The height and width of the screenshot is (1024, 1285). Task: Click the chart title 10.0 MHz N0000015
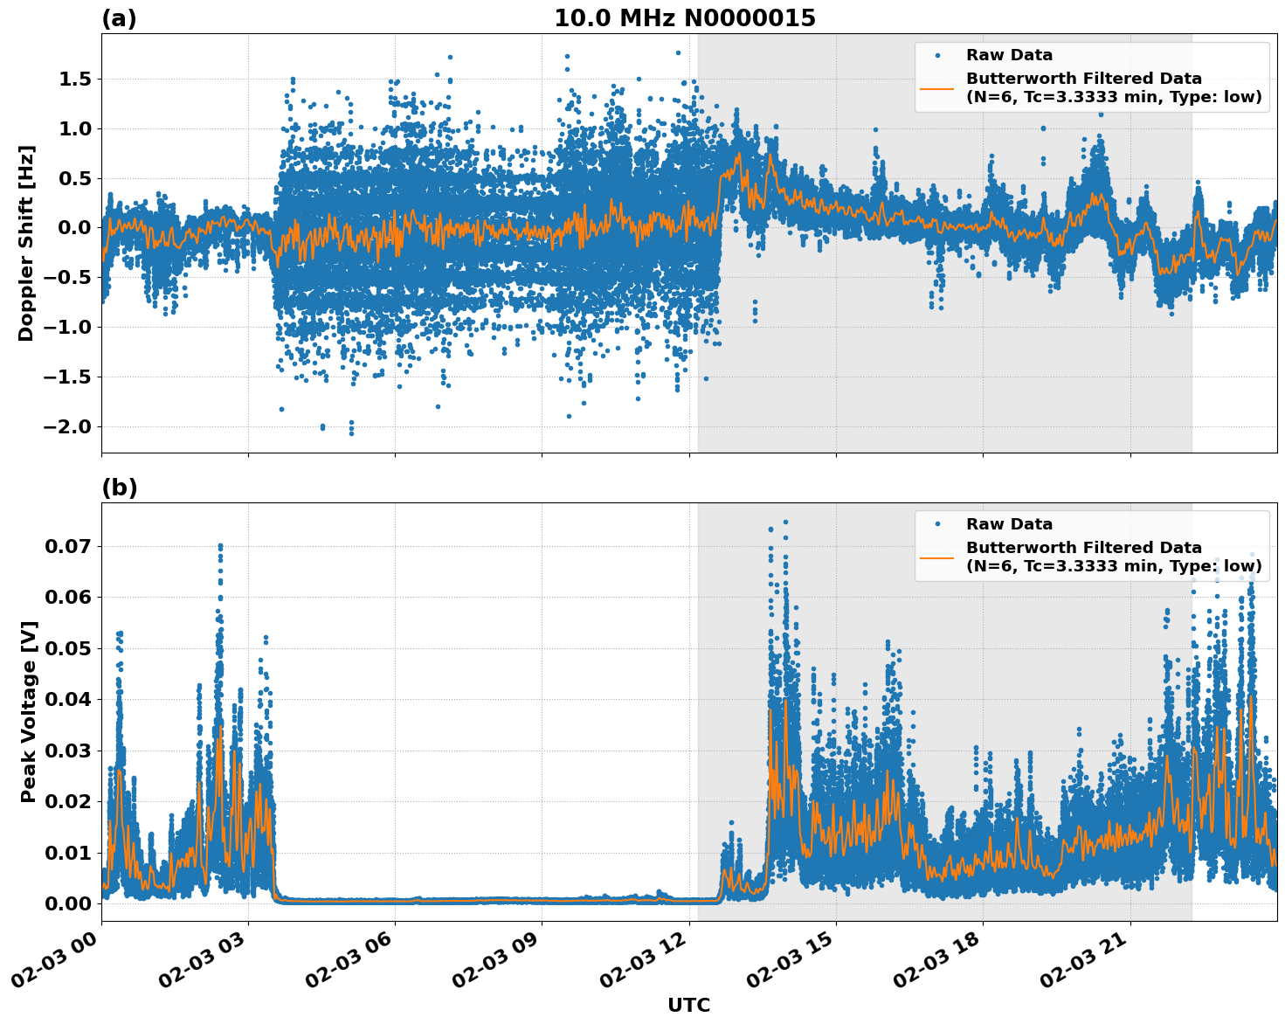(x=684, y=18)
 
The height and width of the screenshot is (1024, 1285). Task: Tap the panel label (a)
(x=119, y=18)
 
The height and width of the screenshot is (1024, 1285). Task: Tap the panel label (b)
(x=119, y=488)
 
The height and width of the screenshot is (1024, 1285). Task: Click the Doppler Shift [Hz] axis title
(x=26, y=243)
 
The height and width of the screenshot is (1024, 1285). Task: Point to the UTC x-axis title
(x=688, y=1005)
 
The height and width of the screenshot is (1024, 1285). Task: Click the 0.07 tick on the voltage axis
(x=66, y=547)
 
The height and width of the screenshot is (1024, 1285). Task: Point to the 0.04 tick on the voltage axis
(x=66, y=700)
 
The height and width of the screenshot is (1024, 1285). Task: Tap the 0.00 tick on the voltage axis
(x=66, y=903)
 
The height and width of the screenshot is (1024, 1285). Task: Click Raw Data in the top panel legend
(x=1009, y=55)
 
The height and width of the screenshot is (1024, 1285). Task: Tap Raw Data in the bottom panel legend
(x=1009, y=524)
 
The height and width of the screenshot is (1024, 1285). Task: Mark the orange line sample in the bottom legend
(x=937, y=557)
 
